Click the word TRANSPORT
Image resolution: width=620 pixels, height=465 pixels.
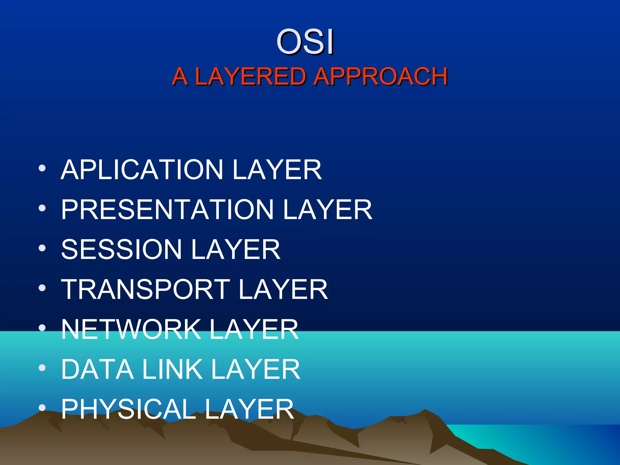(x=146, y=289)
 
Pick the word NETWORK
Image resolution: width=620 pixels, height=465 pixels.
(x=131, y=329)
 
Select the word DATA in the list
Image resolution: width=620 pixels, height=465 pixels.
(x=97, y=369)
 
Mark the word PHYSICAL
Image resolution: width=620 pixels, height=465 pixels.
(x=128, y=409)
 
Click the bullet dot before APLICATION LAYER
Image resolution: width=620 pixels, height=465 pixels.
(x=42, y=168)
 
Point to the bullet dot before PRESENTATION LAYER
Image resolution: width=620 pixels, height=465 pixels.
(x=42, y=208)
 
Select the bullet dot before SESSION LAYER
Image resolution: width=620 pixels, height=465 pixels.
(x=42, y=248)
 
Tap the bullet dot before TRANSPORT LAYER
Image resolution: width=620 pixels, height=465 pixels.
(x=42, y=288)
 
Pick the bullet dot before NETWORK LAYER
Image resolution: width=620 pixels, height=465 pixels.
(x=42, y=328)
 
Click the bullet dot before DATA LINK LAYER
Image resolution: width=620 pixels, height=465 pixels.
(x=42, y=368)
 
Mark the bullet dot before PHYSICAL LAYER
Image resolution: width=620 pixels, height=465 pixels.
(x=42, y=408)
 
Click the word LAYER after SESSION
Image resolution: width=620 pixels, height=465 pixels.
(x=236, y=249)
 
